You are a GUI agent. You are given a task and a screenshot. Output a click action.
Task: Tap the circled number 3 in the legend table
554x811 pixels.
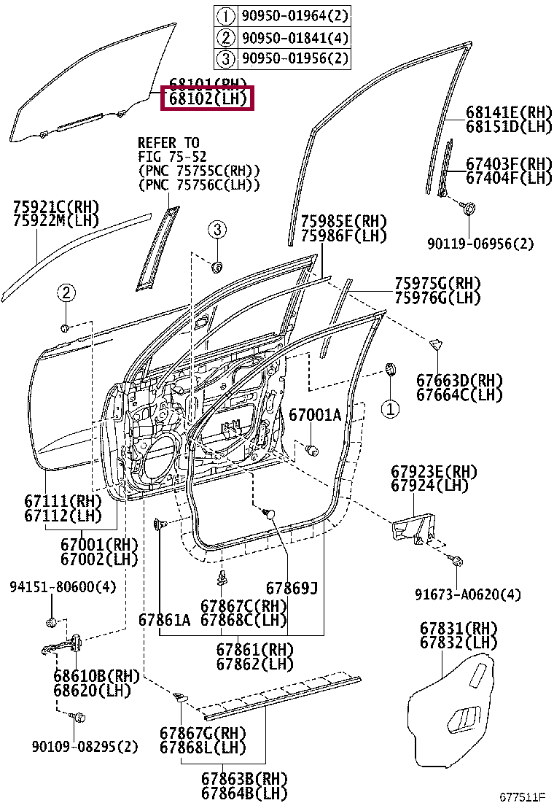pos(226,58)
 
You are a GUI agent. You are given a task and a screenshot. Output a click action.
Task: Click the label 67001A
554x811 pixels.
pos(315,415)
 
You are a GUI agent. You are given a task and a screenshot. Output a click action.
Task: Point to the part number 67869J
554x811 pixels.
pos(292,589)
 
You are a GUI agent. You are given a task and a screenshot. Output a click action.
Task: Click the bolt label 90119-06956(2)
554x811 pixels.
pos(481,244)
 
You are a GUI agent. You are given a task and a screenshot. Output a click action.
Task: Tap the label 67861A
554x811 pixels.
pos(164,620)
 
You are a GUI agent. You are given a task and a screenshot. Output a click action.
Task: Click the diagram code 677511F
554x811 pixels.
pos(522,796)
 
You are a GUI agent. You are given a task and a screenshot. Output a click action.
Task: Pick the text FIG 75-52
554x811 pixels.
pos(172,157)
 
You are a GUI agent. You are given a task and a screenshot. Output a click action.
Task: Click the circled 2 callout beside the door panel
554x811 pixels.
pos(66,293)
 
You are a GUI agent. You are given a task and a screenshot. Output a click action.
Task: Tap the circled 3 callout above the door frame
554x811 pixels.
pos(216,230)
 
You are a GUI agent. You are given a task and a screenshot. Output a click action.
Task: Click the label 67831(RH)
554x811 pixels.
pos(459,628)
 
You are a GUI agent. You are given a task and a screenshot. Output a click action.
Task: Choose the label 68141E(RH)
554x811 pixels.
pos(509,113)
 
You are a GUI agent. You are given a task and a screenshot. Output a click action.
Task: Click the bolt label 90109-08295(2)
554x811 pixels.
pos(85,746)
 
